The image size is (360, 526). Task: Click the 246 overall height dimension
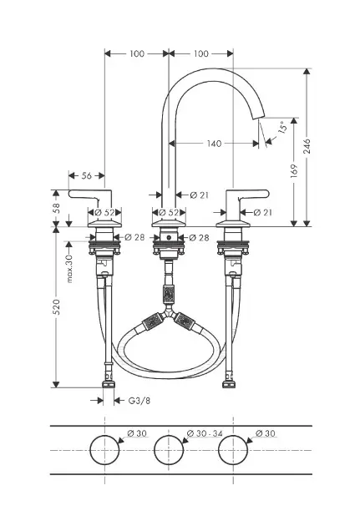click(307, 146)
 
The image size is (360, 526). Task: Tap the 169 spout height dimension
click(294, 171)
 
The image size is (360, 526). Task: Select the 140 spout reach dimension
click(214, 144)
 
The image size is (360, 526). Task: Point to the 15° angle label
click(283, 127)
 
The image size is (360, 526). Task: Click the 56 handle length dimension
click(87, 175)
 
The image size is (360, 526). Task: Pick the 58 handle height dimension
click(56, 208)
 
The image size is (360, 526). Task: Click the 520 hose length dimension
click(56, 306)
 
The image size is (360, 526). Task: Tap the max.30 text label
click(69, 269)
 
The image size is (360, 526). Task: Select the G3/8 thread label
click(139, 401)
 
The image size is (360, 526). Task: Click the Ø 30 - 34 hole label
click(205, 433)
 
